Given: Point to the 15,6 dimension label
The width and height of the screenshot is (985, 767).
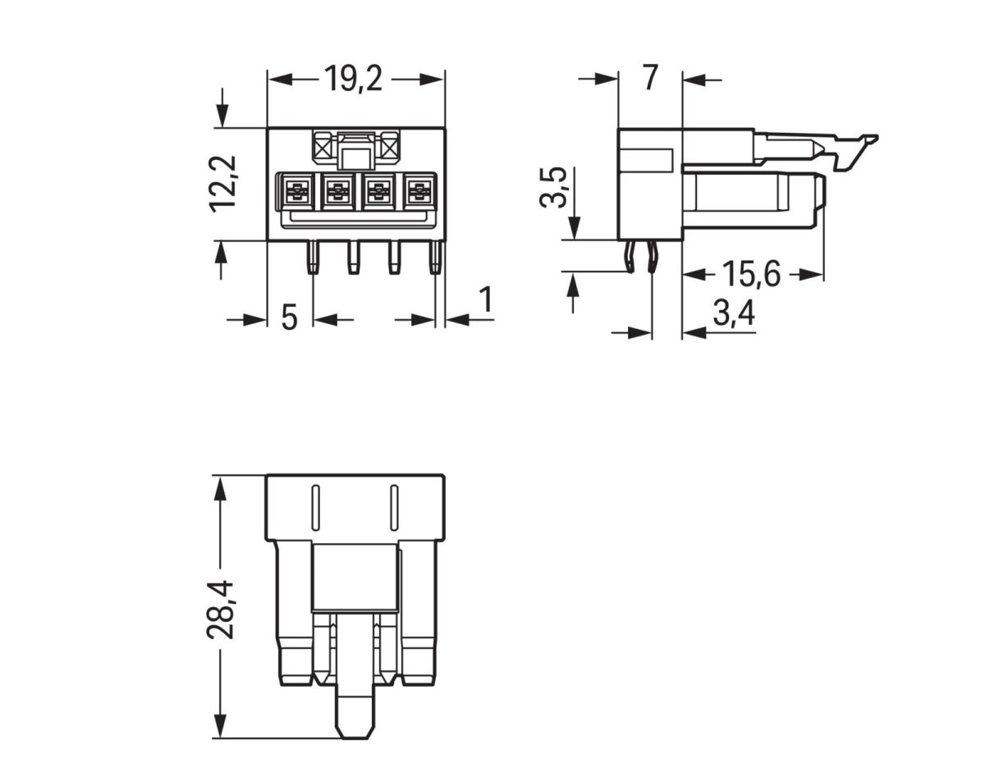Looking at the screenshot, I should click(750, 274).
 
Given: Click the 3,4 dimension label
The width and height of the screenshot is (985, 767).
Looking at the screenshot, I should click(732, 313).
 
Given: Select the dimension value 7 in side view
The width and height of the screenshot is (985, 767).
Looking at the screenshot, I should click(649, 78).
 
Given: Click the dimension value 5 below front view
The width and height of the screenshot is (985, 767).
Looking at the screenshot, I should click(289, 317).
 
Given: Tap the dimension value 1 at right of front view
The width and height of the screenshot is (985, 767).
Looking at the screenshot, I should click(485, 301).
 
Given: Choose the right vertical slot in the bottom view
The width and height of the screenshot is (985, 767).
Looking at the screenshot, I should click(393, 509).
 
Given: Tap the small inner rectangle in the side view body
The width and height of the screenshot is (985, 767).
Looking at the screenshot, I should click(645, 160).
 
